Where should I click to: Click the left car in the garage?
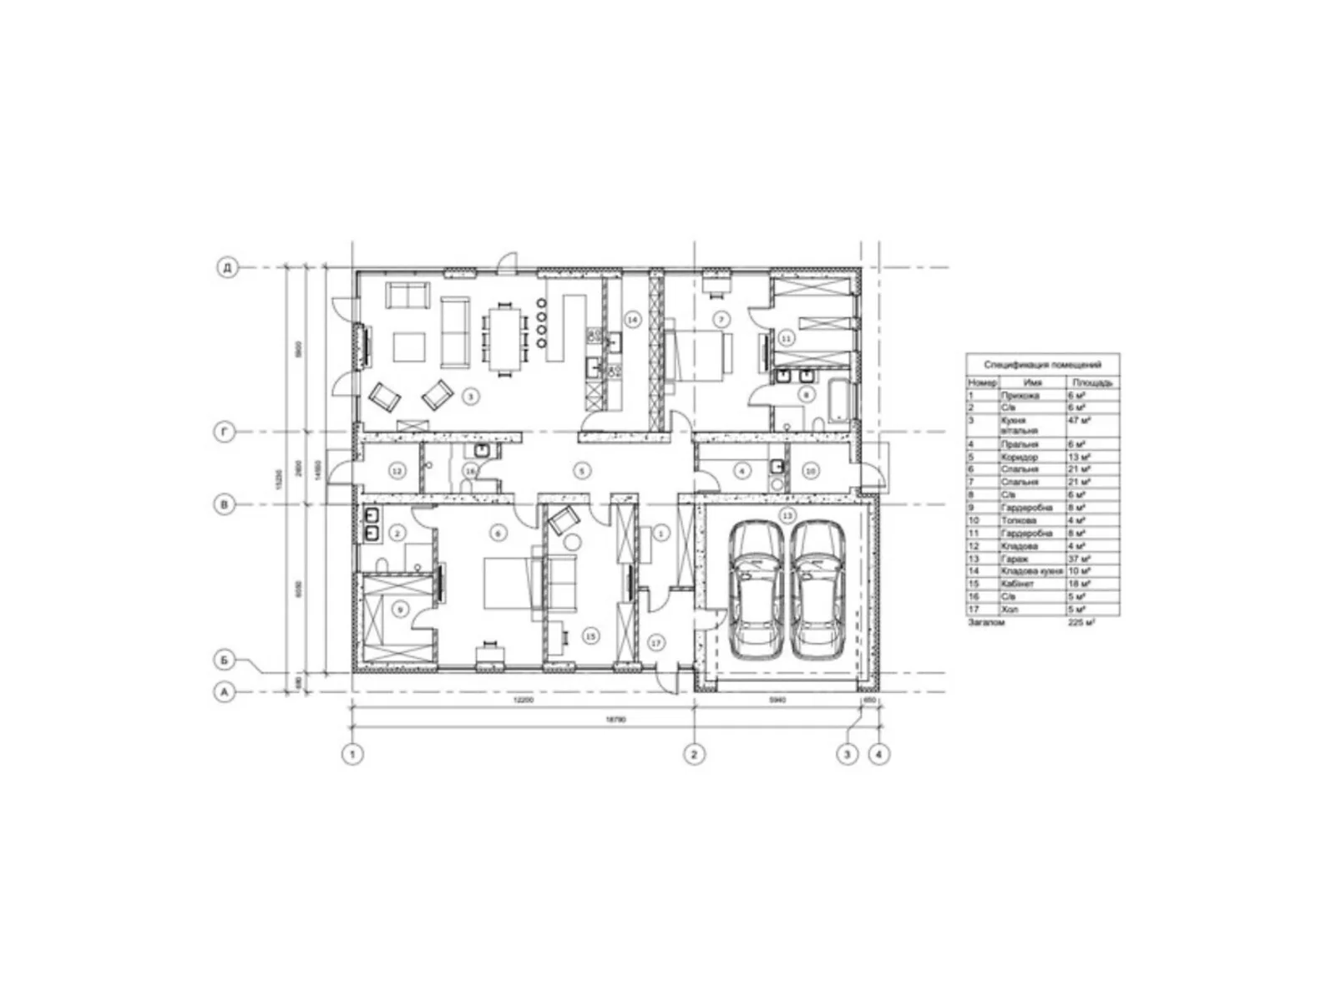[757, 590]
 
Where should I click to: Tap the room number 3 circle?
[471, 397]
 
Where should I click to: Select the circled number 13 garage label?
[787, 515]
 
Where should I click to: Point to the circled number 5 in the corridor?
[582, 471]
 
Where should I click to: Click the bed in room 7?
[700, 355]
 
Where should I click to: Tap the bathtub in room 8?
[838, 401]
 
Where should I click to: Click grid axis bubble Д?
[226, 268]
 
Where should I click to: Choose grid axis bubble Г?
[226, 432]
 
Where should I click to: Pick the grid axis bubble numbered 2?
[694, 754]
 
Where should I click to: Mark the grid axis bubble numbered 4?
[878, 754]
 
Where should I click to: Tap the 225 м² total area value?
[1081, 622]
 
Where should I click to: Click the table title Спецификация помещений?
[1042, 365]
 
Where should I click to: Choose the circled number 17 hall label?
[655, 642]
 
